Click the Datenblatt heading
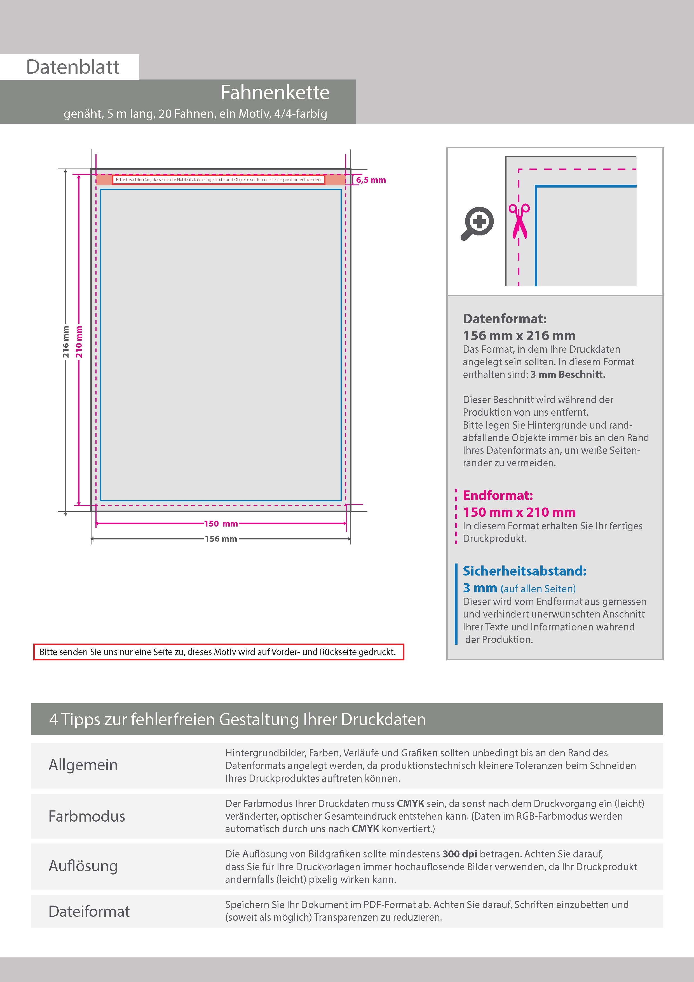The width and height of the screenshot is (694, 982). (73, 67)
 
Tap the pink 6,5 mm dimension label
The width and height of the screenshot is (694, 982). (371, 180)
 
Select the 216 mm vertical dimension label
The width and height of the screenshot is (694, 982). (65, 342)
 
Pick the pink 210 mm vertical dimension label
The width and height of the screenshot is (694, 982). (79, 342)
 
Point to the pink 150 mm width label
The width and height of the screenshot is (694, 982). (221, 523)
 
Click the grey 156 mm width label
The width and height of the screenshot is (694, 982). (221, 539)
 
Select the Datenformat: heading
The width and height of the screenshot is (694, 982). (505, 319)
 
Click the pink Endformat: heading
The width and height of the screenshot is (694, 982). (498, 495)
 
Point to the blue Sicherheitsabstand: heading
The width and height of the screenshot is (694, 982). (524, 571)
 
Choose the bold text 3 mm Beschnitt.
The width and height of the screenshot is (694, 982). (568, 375)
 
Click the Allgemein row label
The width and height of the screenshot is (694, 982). (83, 765)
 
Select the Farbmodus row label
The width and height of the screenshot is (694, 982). (87, 816)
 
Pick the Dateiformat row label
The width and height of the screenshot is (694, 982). (89, 911)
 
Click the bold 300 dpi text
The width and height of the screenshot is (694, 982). (460, 854)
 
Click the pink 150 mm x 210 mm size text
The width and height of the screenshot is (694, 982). (519, 512)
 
